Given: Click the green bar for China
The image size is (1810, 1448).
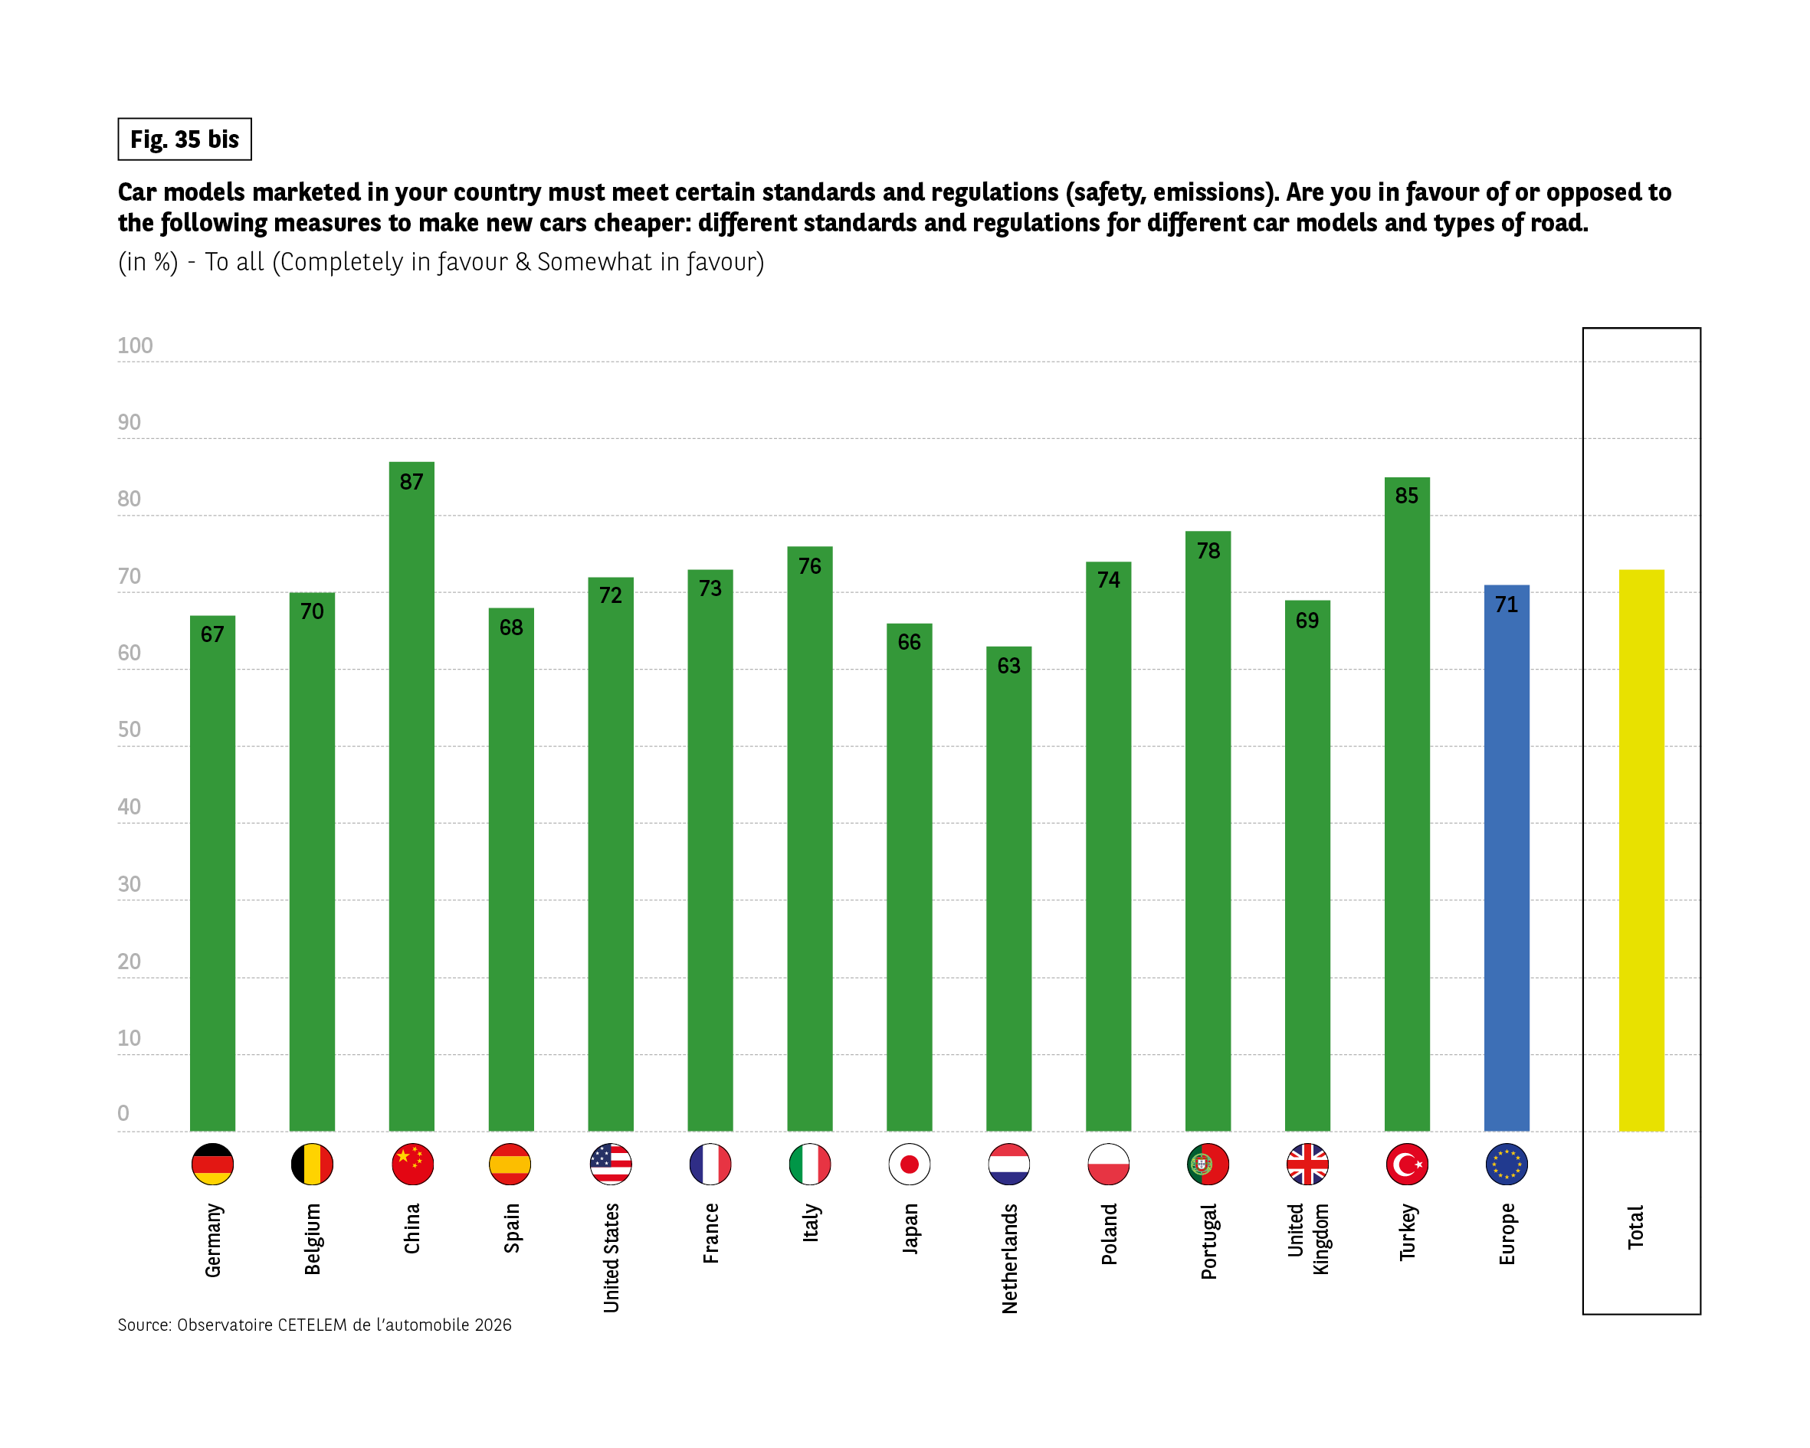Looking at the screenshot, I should tap(412, 798).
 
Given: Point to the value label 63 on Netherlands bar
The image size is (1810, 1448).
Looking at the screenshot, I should tap(1008, 666).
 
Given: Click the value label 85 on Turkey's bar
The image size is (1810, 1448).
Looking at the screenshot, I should tap(1406, 495).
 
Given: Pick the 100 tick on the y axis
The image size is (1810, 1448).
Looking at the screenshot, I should tap(135, 346).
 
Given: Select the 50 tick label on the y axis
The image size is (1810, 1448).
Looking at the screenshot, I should tap(130, 729).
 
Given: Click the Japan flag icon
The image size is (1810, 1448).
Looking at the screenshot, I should tap(909, 1165).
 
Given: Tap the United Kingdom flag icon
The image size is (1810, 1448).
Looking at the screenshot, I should tap(1307, 1165).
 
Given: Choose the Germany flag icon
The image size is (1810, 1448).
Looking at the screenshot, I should tap(212, 1165).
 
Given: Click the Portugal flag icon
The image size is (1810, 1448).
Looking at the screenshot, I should tap(1208, 1165).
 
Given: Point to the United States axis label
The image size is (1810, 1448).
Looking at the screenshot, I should tap(612, 1257).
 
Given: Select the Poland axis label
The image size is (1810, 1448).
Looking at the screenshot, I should tap(1109, 1234).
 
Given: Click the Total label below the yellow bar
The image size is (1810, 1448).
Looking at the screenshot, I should tap(1635, 1227).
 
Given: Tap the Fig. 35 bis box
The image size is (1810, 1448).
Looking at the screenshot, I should tap(185, 139).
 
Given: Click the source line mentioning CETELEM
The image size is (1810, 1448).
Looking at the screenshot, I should tap(314, 1325).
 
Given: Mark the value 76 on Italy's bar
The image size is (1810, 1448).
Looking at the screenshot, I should tap(809, 565).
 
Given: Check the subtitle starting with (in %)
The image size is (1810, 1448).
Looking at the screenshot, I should tap(441, 262).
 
